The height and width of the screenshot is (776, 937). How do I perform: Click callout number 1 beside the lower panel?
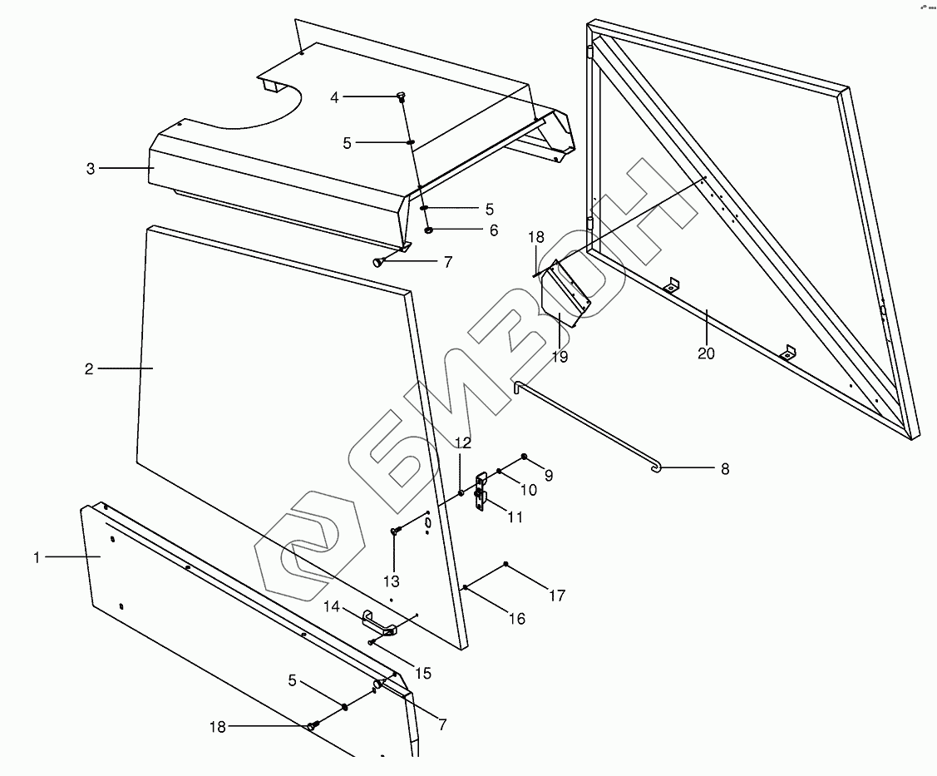37,558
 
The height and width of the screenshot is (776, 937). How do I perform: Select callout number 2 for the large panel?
89,369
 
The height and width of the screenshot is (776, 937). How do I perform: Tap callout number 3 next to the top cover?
90,169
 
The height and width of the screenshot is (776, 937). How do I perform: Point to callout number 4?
334,98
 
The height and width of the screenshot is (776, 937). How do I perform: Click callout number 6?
494,230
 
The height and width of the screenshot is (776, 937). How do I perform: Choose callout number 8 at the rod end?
724,469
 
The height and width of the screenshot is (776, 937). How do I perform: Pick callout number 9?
548,476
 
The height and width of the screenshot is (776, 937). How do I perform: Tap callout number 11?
515,517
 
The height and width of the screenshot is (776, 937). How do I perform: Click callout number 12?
462,442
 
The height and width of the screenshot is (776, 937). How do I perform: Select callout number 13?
391,581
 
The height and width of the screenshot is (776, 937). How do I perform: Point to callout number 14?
332,607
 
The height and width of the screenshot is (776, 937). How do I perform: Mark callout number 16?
516,619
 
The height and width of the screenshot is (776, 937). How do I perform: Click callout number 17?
556,596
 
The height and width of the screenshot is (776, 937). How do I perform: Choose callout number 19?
560,357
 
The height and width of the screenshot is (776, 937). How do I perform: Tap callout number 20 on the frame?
706,353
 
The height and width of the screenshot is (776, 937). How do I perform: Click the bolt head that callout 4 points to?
401,95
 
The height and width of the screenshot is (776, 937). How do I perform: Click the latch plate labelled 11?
481,492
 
